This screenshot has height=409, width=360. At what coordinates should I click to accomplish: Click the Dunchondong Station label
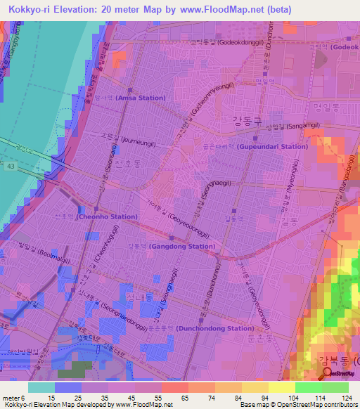214,328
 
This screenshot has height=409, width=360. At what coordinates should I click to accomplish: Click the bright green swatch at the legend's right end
335,387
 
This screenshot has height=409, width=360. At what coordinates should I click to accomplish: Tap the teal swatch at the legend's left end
41,387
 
